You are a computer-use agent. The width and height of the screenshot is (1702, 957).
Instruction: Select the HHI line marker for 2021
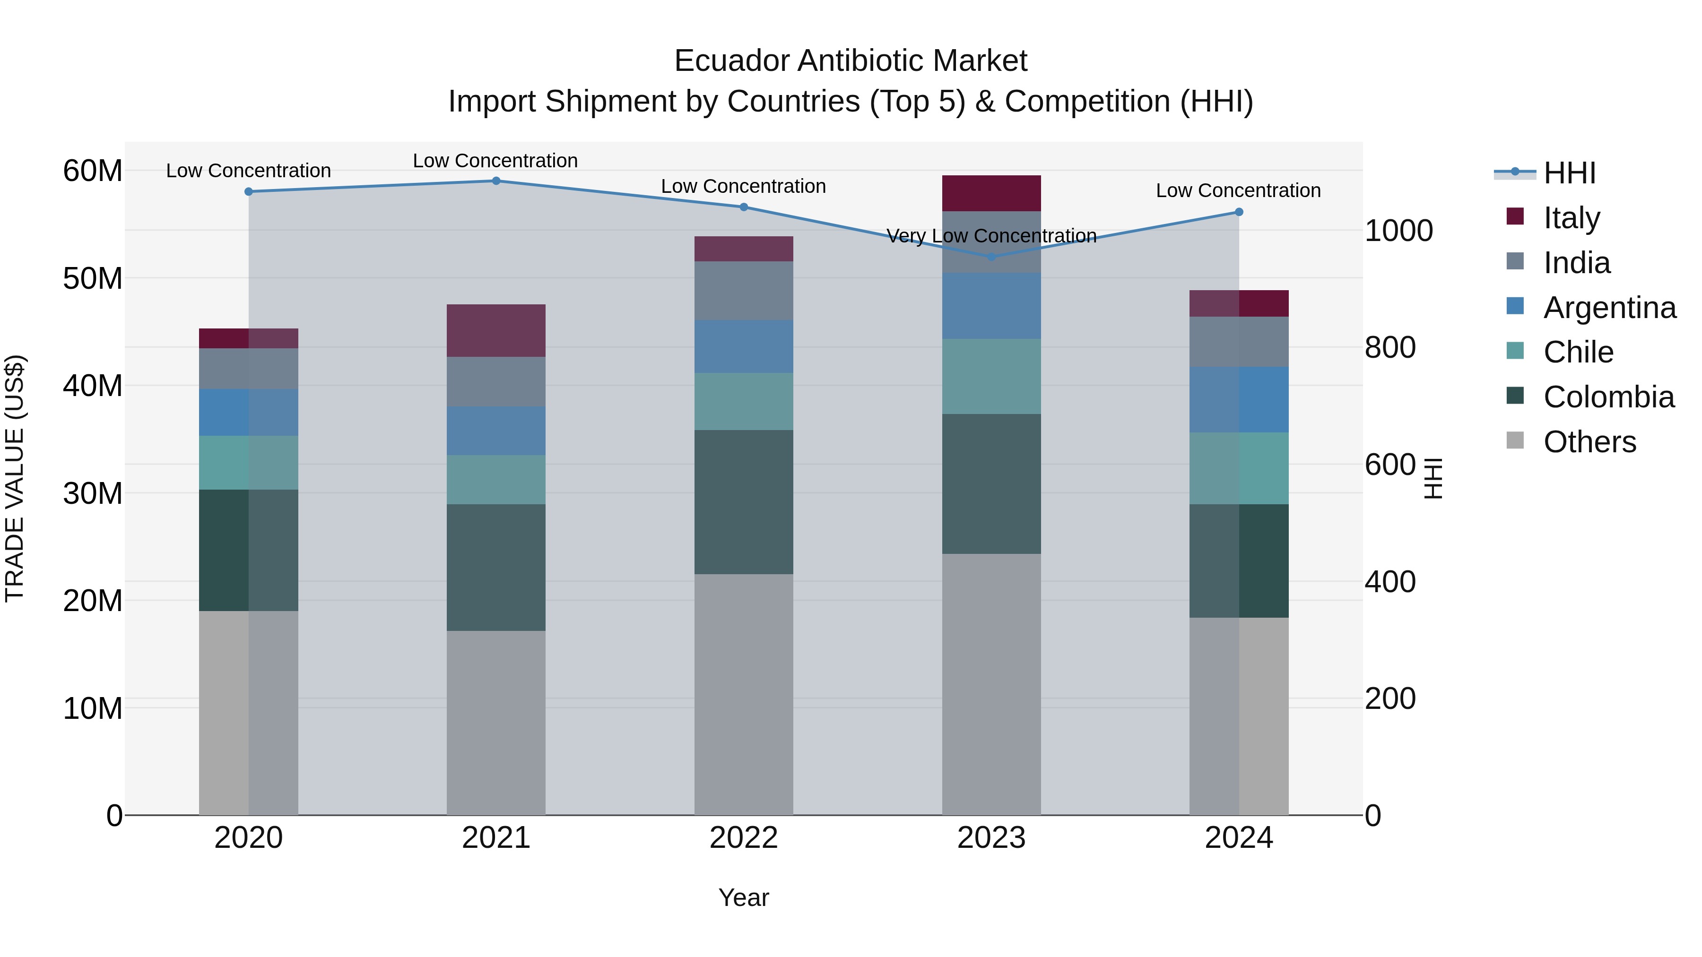(496, 181)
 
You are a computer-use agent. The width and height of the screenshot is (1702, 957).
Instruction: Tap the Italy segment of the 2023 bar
(991, 193)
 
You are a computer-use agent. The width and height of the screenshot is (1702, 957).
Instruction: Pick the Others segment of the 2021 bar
(496, 723)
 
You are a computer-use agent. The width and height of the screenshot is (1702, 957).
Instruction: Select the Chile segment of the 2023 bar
(991, 377)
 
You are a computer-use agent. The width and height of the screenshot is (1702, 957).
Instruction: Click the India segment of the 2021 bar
(496, 382)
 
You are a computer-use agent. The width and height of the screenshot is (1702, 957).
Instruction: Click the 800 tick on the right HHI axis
(1390, 347)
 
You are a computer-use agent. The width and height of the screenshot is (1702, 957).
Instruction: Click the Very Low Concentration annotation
(991, 236)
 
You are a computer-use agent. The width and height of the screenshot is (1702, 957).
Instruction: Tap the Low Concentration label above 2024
(1238, 190)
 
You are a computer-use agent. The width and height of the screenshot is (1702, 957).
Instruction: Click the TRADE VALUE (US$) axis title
(15, 478)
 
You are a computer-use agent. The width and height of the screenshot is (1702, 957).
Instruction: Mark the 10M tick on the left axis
(93, 708)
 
